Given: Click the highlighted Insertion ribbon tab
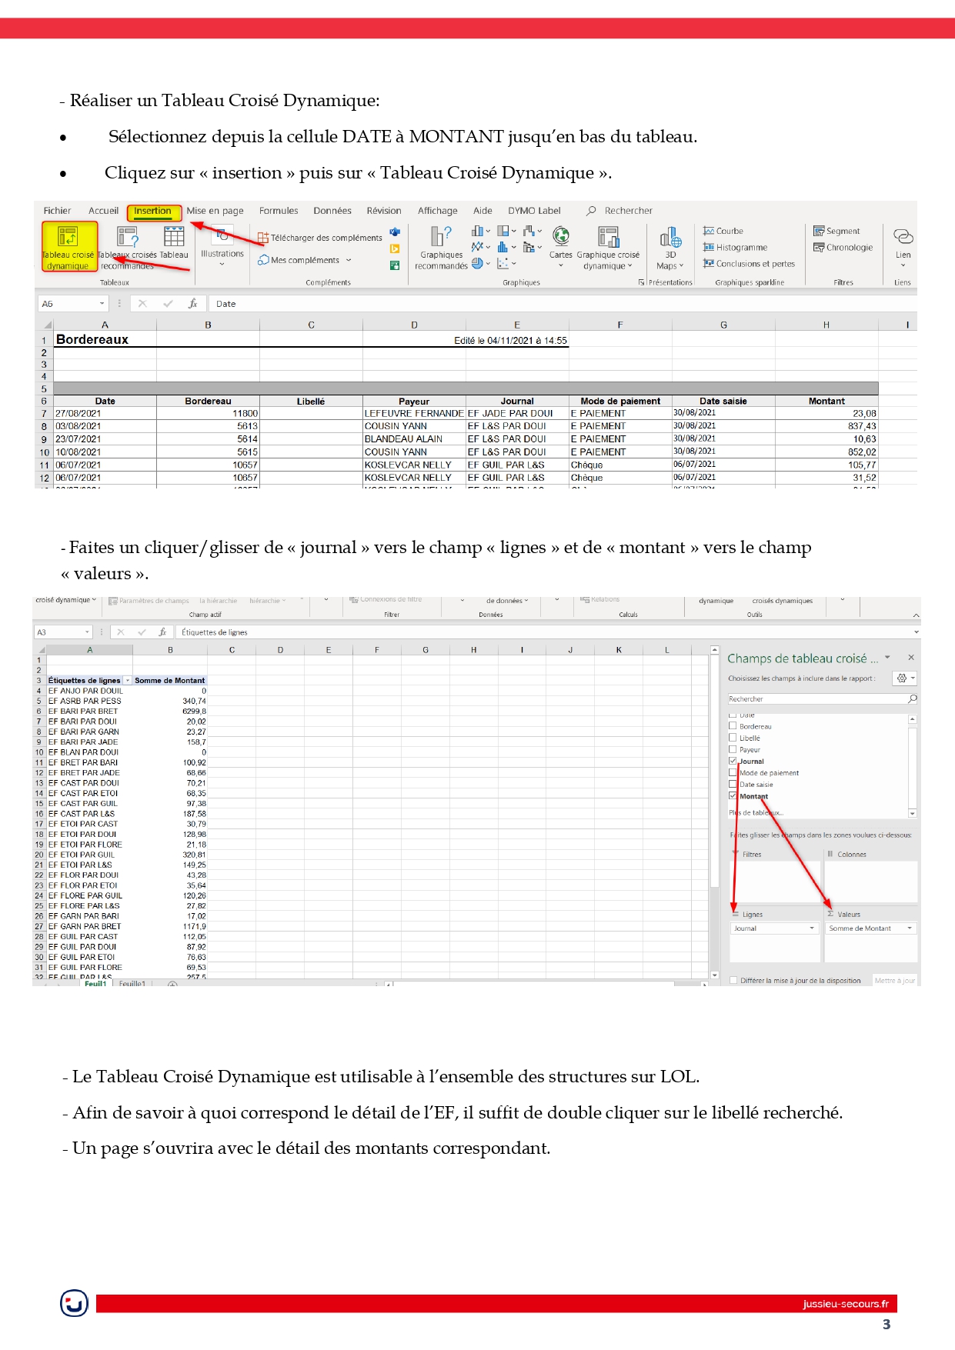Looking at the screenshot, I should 153,212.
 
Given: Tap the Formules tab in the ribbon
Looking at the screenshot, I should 279,211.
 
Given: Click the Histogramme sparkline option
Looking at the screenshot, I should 736,248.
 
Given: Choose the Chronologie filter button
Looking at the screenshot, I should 843,248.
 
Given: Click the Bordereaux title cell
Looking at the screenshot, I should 92,340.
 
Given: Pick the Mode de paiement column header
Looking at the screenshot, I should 620,402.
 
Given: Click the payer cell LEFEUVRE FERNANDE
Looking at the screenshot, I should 414,414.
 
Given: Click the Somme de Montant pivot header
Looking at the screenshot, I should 169,681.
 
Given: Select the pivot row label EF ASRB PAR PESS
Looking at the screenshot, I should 85,702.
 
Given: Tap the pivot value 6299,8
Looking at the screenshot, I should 194,712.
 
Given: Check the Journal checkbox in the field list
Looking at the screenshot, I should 733,761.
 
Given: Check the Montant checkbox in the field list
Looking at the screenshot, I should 733,796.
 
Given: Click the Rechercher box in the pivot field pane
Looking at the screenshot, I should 818,699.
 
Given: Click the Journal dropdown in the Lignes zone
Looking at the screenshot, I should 773,928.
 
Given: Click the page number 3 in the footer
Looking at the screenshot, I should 887,1325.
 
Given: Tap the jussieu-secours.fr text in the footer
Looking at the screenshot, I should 845,1304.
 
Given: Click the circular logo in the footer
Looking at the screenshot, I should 74,1303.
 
